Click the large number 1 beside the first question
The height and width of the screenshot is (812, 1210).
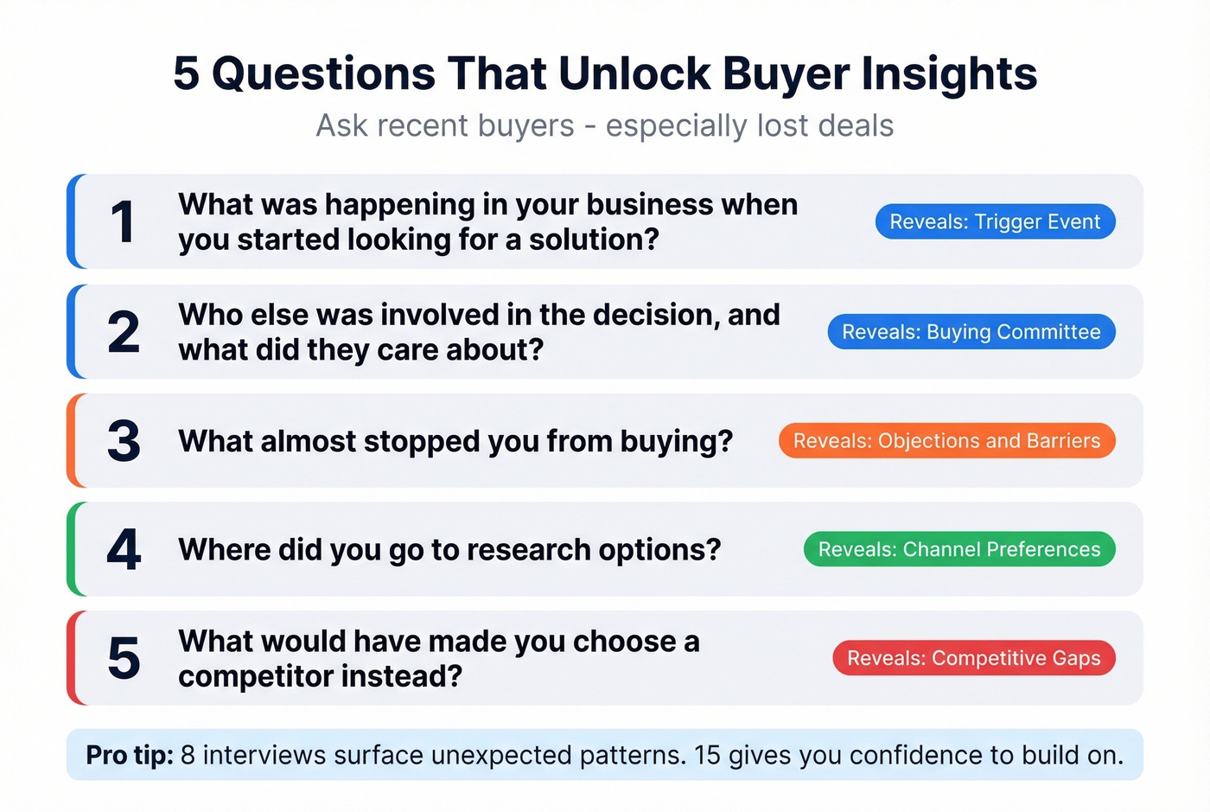coord(124,222)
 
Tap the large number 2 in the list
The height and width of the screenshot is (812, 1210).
coord(124,332)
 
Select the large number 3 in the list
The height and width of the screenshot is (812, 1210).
coord(124,441)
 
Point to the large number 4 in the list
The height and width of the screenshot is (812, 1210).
coord(124,550)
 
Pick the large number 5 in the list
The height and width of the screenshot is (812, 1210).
coord(124,659)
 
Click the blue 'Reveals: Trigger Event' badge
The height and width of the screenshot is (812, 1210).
coord(995,222)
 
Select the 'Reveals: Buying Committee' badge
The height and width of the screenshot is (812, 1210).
coord(971,332)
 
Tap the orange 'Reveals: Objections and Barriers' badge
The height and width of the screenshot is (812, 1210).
coord(946,441)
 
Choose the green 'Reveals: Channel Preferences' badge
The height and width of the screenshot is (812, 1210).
coord(959,550)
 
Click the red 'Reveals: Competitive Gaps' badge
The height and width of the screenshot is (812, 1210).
coord(974,659)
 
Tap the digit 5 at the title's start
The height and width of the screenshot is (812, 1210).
coord(186,74)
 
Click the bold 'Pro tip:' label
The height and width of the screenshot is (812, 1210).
coord(130,756)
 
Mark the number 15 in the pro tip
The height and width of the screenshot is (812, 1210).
coord(706,755)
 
